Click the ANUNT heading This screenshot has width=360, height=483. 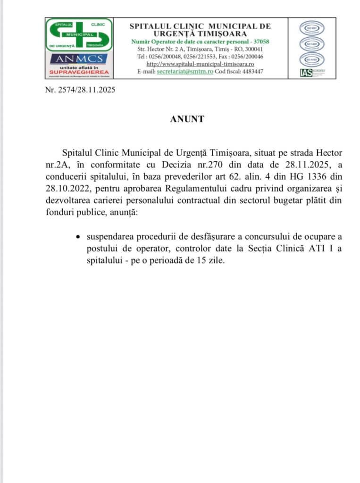(187, 119)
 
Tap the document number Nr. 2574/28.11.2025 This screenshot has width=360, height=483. (80, 90)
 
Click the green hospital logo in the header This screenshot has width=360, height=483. (79, 34)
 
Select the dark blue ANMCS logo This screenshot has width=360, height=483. (79, 59)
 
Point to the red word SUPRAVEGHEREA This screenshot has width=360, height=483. (79, 72)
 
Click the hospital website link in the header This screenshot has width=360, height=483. (201, 64)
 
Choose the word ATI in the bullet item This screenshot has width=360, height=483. (315, 249)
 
